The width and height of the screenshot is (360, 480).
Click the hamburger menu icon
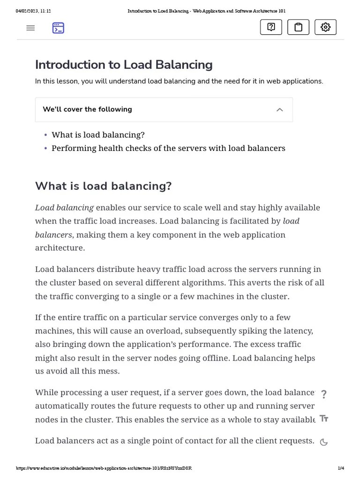click(x=30, y=28)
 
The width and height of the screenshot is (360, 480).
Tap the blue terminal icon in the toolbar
click(x=58, y=28)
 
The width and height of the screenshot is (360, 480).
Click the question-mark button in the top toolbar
click(x=271, y=27)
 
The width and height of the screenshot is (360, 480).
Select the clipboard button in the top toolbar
click(x=298, y=27)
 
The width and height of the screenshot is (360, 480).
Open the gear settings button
click(x=325, y=27)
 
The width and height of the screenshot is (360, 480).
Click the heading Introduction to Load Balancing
click(x=124, y=65)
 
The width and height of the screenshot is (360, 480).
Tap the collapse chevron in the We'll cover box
click(x=280, y=110)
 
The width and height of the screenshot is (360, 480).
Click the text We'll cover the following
click(x=87, y=109)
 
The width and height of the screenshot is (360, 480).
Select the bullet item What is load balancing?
click(x=98, y=135)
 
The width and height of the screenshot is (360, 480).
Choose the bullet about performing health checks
click(x=168, y=148)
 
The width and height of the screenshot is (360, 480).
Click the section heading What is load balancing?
click(x=103, y=186)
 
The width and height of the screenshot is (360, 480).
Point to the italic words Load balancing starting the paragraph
click(x=64, y=208)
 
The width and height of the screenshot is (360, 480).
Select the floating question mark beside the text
click(x=323, y=394)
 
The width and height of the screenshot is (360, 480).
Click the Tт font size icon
click(x=323, y=419)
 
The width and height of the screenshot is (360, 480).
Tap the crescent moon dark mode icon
click(x=323, y=442)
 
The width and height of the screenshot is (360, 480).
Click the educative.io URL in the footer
click(x=104, y=468)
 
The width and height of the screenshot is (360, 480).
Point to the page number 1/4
click(x=341, y=468)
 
